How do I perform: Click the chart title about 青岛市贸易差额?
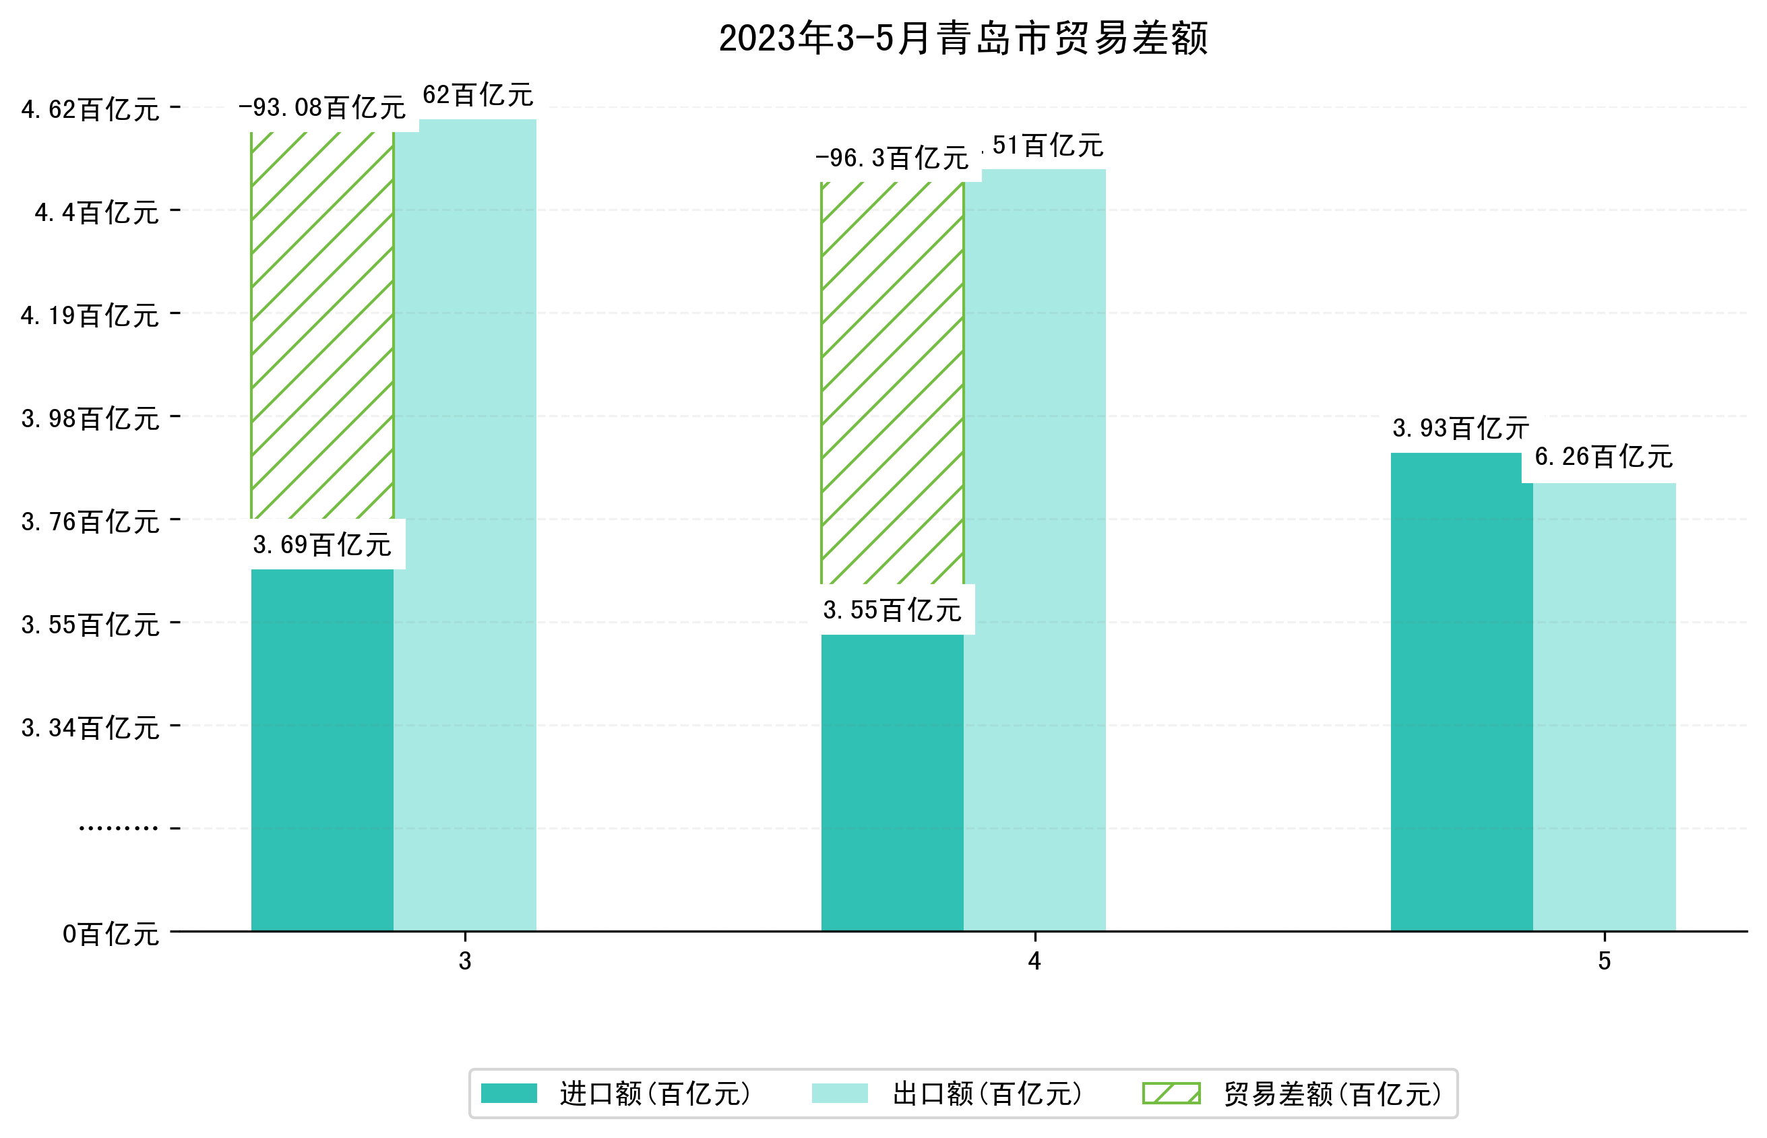pyautogui.click(x=962, y=38)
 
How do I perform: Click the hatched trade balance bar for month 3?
pyautogui.click(x=322, y=325)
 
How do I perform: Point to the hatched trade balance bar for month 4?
pyautogui.click(x=892, y=383)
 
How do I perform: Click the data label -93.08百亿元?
pyautogui.click(x=322, y=108)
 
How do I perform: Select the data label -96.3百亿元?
pyautogui.click(x=892, y=158)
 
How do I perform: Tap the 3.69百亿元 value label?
pyautogui.click(x=322, y=544)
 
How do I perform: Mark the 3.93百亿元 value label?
pyautogui.click(x=1460, y=428)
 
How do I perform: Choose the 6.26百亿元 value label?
pyautogui.click(x=1603, y=457)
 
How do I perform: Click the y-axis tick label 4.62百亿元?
pyautogui.click(x=90, y=109)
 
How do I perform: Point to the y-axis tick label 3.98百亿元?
pyautogui.click(x=90, y=418)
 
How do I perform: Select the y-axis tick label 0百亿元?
pyautogui.click(x=111, y=934)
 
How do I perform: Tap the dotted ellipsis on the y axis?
pyautogui.click(x=118, y=827)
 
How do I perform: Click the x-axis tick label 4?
pyautogui.click(x=1034, y=961)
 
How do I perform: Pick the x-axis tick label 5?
pyautogui.click(x=1604, y=961)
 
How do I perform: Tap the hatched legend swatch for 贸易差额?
pyautogui.click(x=1171, y=1093)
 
